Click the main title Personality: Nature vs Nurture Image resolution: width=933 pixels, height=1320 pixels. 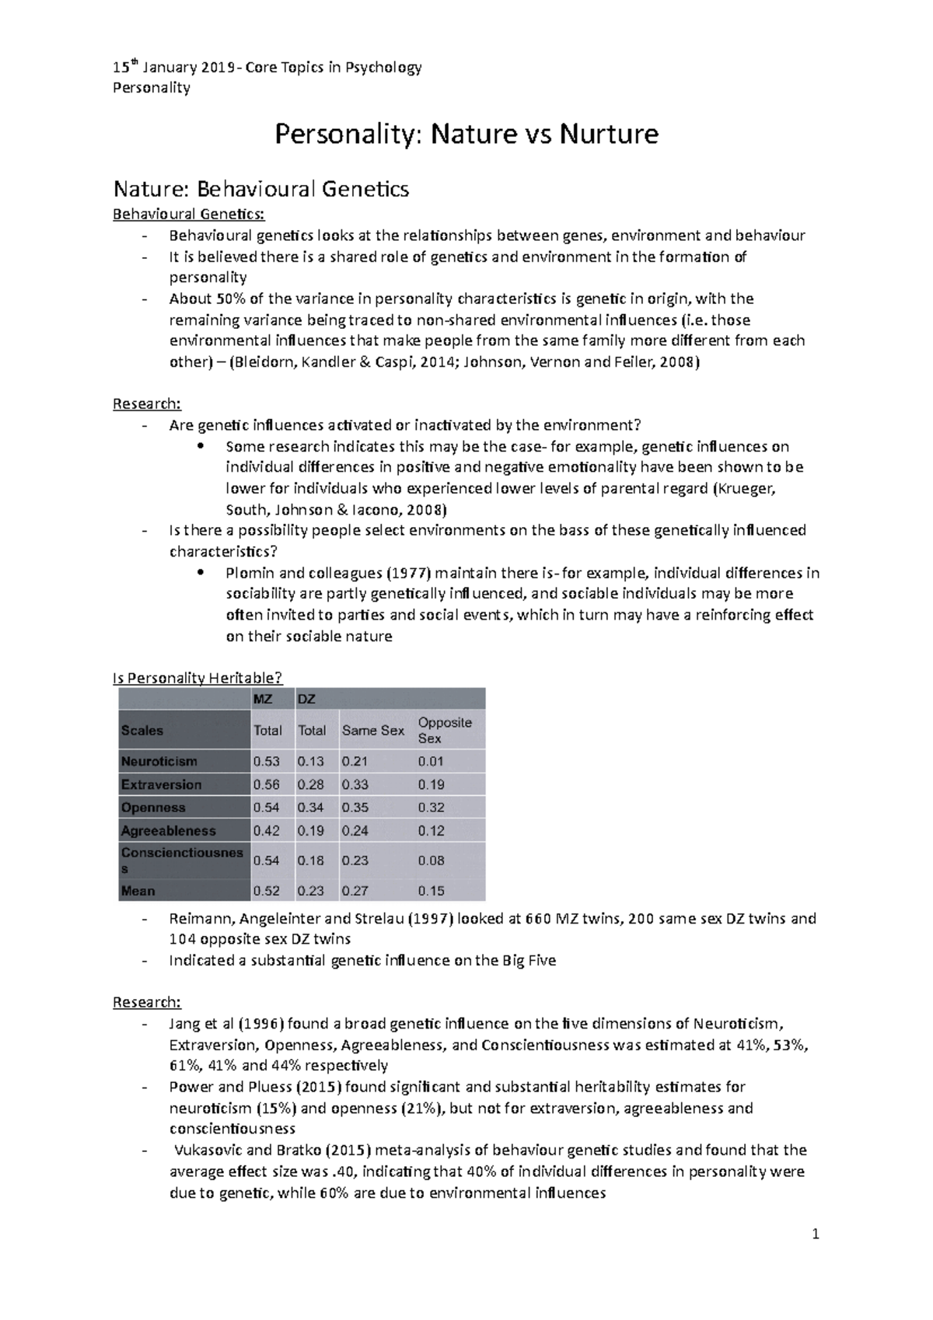tap(466, 134)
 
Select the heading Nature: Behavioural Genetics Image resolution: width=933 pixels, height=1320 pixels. tap(260, 189)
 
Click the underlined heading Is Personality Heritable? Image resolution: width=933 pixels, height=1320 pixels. tap(198, 678)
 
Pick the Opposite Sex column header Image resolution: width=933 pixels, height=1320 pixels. tap(445, 730)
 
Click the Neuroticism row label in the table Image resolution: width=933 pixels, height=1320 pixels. tap(159, 761)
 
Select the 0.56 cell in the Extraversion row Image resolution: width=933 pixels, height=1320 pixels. tap(266, 784)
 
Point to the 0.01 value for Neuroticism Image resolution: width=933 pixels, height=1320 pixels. tap(431, 761)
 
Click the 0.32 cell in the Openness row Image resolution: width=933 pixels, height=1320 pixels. tap(431, 808)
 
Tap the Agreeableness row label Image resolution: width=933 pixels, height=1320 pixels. tap(168, 830)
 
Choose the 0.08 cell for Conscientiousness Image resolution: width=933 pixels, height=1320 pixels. tap(431, 860)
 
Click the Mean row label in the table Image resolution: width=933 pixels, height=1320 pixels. tap(138, 891)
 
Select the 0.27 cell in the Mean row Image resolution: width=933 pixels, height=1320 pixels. tap(355, 891)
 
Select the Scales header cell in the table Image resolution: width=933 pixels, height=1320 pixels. tap(142, 730)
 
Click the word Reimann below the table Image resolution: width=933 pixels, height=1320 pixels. tap(197, 918)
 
